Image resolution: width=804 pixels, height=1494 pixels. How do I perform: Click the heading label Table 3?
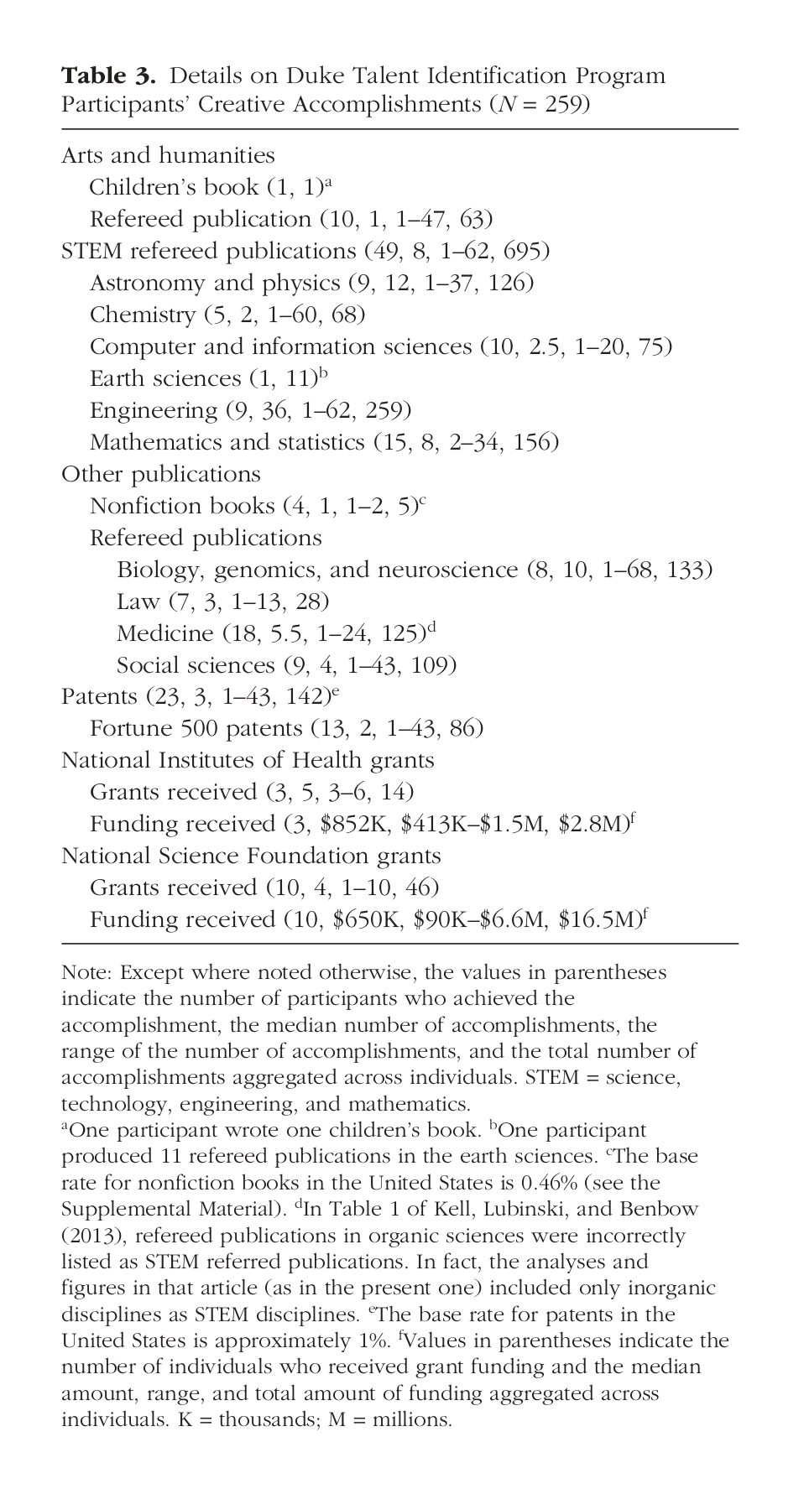click(x=108, y=76)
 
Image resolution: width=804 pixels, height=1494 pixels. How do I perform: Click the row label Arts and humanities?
click(x=168, y=155)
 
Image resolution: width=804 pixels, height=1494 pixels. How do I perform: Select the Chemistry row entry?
click(x=227, y=315)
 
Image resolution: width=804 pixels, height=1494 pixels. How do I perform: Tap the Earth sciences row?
click(x=207, y=378)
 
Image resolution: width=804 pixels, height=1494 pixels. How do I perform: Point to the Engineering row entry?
click(x=250, y=410)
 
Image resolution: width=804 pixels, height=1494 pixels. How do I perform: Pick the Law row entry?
click(x=222, y=601)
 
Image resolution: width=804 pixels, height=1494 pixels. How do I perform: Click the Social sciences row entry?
click(x=286, y=665)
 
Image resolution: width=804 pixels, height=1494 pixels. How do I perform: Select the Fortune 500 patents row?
click(x=286, y=728)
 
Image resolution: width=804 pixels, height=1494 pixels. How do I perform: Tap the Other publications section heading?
click(x=161, y=474)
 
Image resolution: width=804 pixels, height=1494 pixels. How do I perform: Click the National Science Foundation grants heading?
click(x=251, y=856)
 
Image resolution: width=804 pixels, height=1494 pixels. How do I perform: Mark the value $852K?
click(x=357, y=825)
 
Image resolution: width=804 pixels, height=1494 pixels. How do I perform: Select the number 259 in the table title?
click(x=562, y=105)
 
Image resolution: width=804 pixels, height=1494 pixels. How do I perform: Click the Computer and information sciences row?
click(x=380, y=346)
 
